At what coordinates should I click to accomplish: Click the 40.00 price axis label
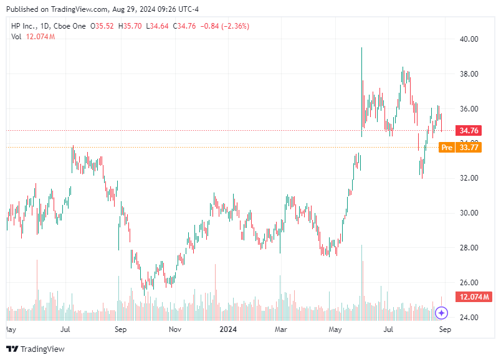468,39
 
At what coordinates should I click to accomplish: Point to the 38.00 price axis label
468,73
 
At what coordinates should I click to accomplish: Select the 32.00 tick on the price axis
468,178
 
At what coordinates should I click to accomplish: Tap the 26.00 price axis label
468,283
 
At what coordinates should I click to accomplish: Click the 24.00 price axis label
468,318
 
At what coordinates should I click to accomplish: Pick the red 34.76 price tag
468,131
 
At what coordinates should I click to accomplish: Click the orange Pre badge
446,148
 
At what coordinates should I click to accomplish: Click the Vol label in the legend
16,37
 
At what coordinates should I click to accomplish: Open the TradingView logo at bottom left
36,349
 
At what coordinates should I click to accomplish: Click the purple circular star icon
441,313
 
